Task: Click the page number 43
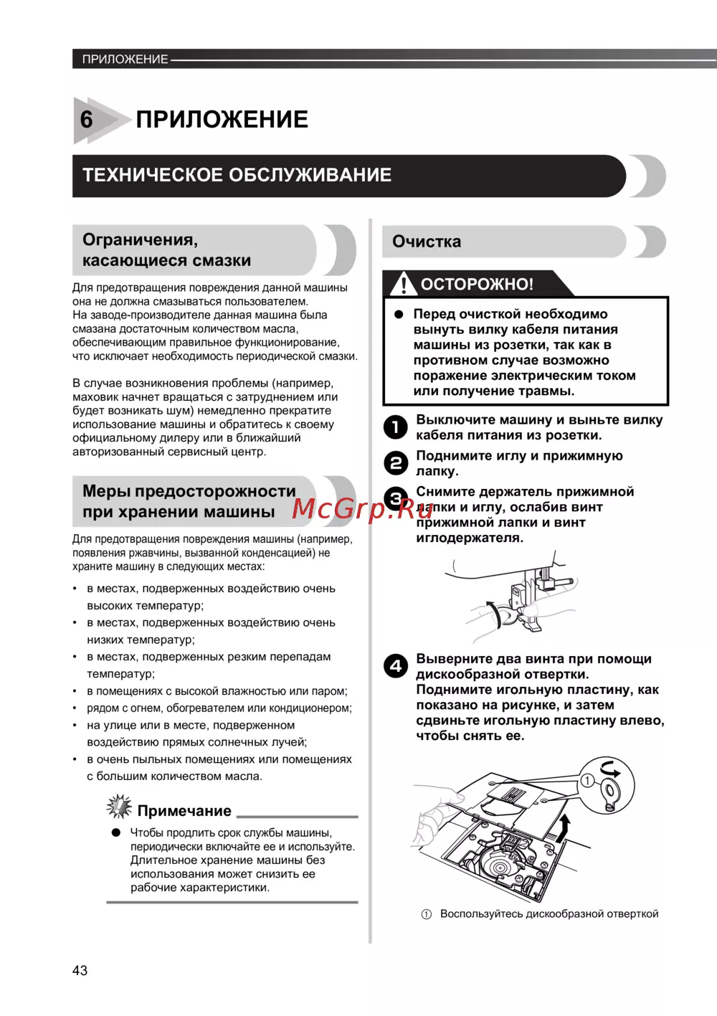coord(80,970)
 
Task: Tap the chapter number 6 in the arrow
coord(87,119)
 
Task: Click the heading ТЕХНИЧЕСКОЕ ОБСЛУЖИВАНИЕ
coord(237,175)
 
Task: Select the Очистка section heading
coord(427,242)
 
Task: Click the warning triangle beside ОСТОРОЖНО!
coord(404,284)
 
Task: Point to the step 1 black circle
coord(395,427)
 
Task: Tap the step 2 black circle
coord(395,463)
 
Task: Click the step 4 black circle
coord(395,666)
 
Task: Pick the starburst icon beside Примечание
coord(119,807)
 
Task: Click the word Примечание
coord(184,811)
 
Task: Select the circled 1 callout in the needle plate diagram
coord(587,780)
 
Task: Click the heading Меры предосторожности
coord(189,491)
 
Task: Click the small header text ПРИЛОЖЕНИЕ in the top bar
coord(125,59)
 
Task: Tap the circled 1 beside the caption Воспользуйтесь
coord(426,914)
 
